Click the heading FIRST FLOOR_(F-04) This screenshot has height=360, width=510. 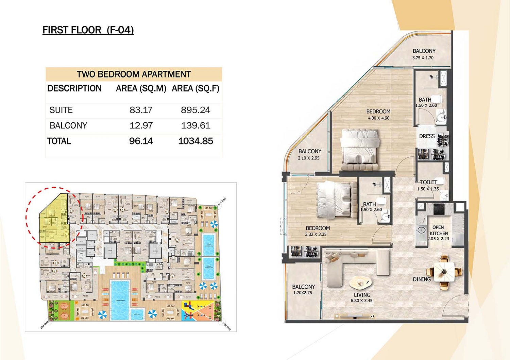point(88,30)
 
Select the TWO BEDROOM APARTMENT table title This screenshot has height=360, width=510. point(134,74)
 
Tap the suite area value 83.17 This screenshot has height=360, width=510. point(141,110)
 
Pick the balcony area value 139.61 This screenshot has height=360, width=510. point(195,125)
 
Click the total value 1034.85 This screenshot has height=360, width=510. point(195,141)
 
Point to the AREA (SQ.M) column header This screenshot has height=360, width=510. point(141,88)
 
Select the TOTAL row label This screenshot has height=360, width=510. point(59,141)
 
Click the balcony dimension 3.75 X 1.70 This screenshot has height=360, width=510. point(423,58)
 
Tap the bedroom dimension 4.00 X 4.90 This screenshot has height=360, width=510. point(378,118)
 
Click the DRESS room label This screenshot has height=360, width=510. point(427,136)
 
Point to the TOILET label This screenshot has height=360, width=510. point(428,182)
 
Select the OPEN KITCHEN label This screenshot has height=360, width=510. point(438,230)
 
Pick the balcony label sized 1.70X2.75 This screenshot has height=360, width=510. point(303,289)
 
